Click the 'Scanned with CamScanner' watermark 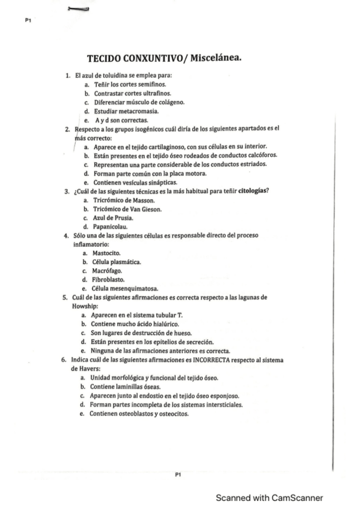point(269,497)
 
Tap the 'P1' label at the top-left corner point(28,21)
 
